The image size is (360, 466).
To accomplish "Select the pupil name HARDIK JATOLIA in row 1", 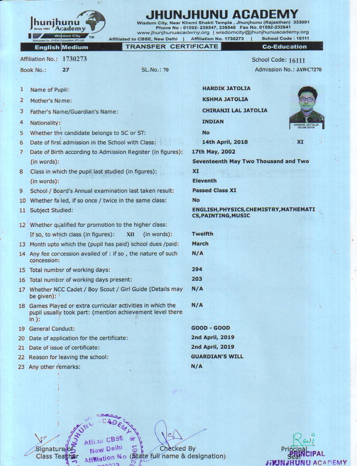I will pyautogui.click(x=226, y=88).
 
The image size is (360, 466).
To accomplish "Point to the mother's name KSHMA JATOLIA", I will pyautogui.click(x=225, y=99).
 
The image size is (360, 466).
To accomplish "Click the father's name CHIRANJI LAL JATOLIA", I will pyautogui.click(x=234, y=110).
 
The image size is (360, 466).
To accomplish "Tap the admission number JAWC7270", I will pyautogui.click(x=309, y=70).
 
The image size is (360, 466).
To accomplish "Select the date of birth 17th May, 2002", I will pyautogui.click(x=213, y=152).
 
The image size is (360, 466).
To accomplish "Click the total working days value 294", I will pyautogui.click(x=197, y=269).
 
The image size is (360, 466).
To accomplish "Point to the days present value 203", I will pyautogui.click(x=197, y=279).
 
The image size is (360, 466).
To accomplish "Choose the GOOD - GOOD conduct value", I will pyautogui.click(x=210, y=328).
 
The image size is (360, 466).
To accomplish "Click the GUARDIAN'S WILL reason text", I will pyautogui.click(x=217, y=356).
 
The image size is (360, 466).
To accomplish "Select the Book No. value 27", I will pyautogui.click(x=66, y=70).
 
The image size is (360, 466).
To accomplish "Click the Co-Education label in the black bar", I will pyautogui.click(x=284, y=47).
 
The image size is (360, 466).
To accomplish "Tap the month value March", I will pyautogui.click(x=200, y=243).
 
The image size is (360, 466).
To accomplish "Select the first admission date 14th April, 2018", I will pyautogui.click(x=225, y=142).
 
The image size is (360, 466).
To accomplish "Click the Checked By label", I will pyautogui.click(x=177, y=448).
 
